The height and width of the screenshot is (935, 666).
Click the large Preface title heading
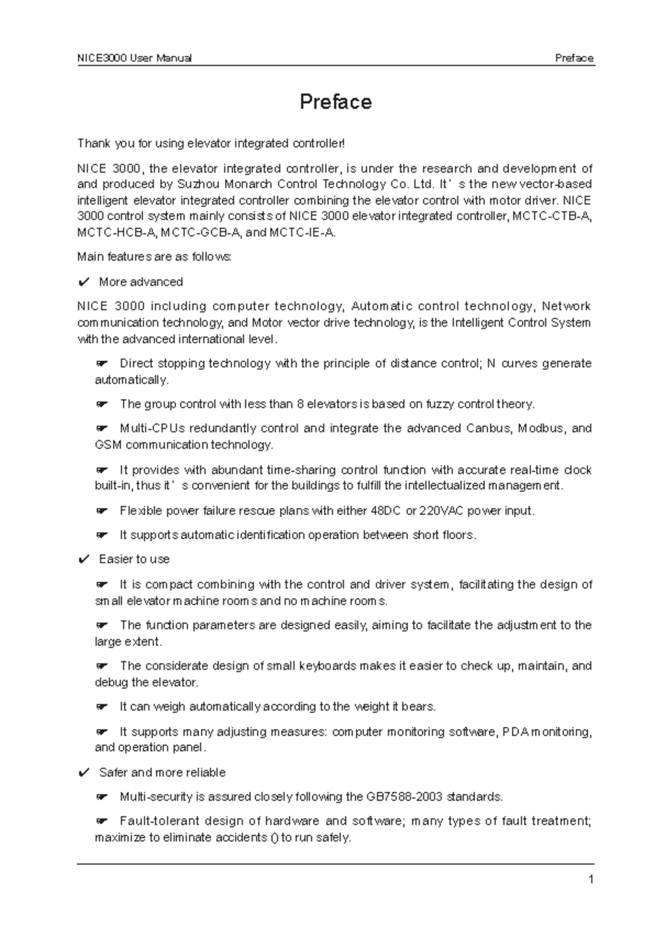click(335, 102)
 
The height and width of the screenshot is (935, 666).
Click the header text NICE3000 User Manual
click(134, 58)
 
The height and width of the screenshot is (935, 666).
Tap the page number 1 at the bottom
click(591, 879)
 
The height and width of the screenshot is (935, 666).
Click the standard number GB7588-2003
click(404, 797)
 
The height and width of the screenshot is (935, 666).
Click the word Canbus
click(490, 428)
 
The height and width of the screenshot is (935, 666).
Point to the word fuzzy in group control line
click(443, 404)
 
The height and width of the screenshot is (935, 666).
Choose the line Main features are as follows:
click(154, 257)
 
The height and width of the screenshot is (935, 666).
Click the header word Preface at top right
click(574, 58)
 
